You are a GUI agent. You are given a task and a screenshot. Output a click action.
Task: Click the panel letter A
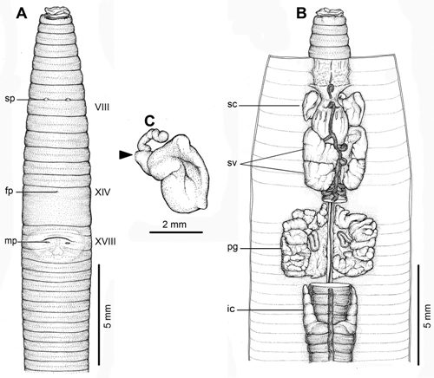coord(22,13)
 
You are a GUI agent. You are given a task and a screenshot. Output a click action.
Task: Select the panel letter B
coord(301,13)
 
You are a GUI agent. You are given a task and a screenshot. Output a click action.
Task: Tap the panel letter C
coord(149,121)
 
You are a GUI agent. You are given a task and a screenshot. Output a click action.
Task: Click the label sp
coord(10,99)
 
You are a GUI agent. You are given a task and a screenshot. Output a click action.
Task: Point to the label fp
coord(10,192)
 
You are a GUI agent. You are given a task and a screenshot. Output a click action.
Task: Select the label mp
coord(10,241)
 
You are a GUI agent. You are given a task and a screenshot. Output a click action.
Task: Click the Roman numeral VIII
coord(102,108)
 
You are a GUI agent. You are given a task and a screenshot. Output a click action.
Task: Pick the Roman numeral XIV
coord(102,192)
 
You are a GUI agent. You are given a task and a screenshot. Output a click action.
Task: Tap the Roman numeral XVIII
coord(106,241)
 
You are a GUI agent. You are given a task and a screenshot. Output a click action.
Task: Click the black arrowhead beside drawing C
coord(125,155)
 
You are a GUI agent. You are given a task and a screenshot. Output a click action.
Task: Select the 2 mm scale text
coord(174,225)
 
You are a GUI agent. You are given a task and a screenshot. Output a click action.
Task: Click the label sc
coord(232,105)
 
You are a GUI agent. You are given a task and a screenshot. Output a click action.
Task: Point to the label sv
coord(233,163)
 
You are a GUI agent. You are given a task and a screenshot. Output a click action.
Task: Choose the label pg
coord(233,248)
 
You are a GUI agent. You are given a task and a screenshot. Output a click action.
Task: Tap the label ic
coord(231,310)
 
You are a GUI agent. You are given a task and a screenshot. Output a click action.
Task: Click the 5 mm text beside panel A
coord(108,316)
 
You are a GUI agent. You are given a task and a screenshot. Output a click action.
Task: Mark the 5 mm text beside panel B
coord(427,316)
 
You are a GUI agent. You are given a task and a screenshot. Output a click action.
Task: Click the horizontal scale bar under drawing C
coord(176,232)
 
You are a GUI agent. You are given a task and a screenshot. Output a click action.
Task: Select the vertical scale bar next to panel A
coord(99,315)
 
